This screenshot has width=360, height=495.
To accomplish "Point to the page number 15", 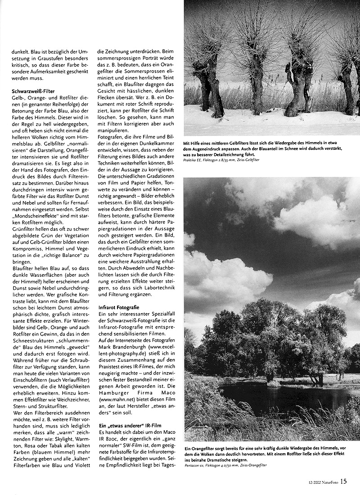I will point(343,481).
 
